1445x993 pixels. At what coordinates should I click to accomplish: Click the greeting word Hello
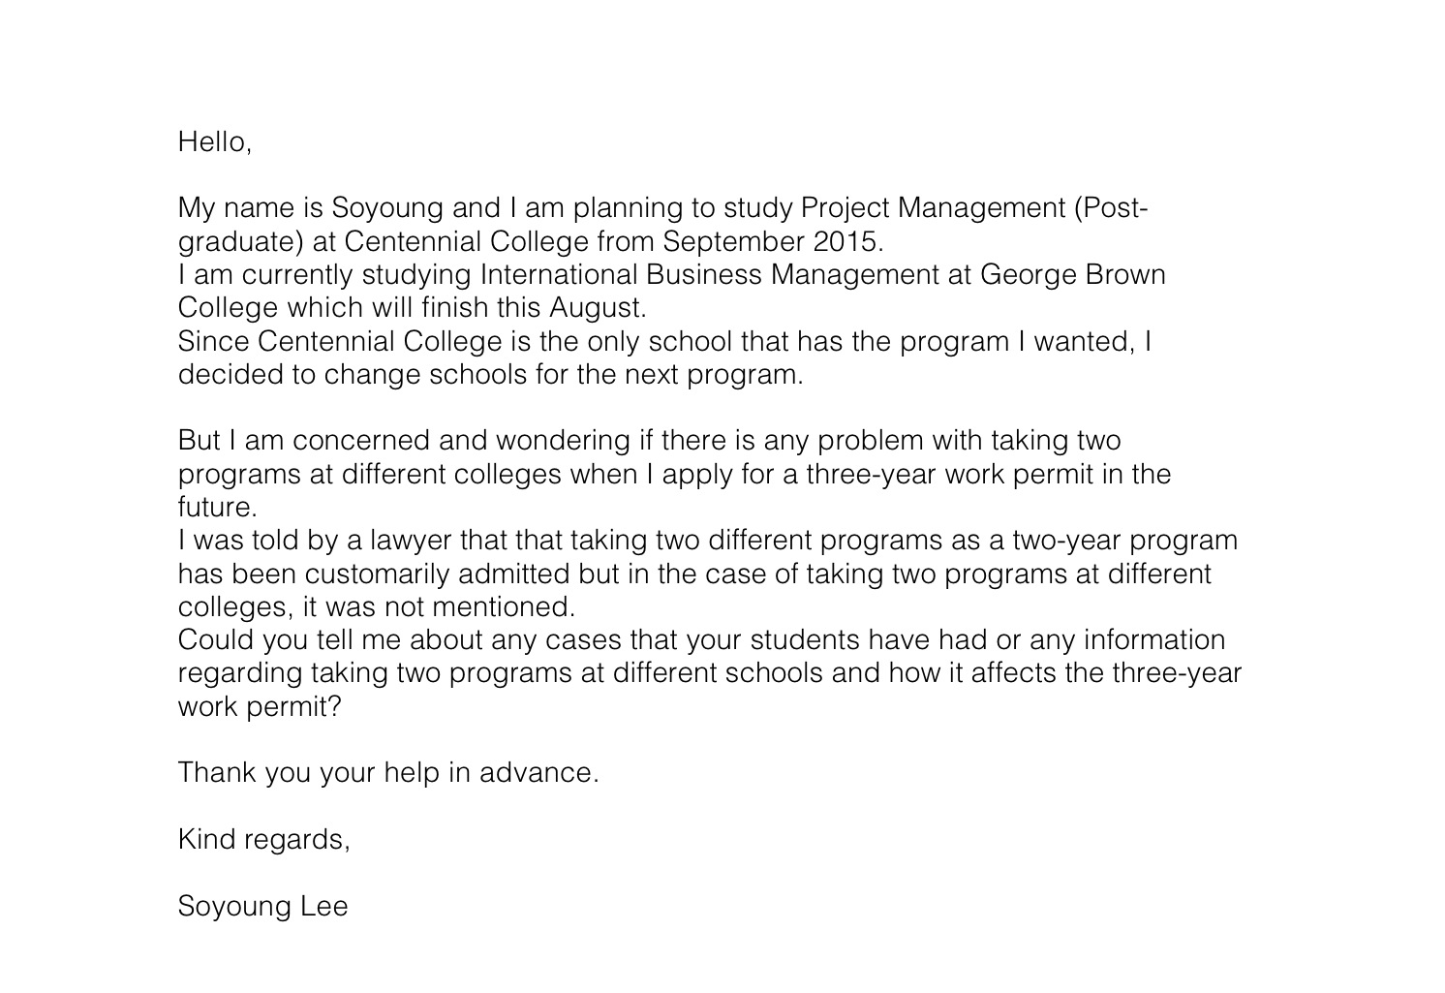[212, 142]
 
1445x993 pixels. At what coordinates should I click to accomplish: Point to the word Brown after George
[1125, 275]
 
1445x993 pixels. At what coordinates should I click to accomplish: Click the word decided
[230, 375]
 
